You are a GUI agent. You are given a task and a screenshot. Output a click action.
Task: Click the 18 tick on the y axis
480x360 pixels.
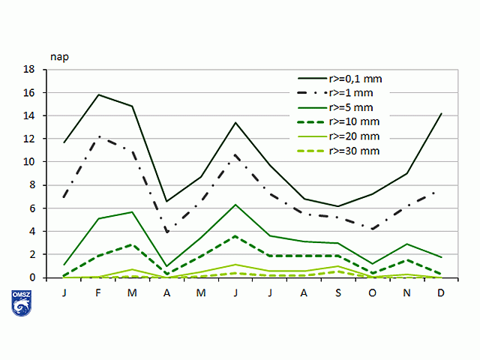[x=30, y=70]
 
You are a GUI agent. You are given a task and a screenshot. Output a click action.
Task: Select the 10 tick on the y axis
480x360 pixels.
[x=30, y=162]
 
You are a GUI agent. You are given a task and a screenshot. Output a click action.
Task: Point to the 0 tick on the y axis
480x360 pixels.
[x=33, y=278]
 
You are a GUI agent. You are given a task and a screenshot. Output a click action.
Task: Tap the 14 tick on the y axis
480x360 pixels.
[x=30, y=116]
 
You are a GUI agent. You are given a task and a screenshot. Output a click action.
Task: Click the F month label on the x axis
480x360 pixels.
[x=99, y=292]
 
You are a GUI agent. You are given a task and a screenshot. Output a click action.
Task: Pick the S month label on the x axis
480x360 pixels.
[x=338, y=292]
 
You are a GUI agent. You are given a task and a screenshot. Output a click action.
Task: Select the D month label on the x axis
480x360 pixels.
[x=441, y=292]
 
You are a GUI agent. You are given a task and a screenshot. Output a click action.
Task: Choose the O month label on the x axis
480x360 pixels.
[x=373, y=292]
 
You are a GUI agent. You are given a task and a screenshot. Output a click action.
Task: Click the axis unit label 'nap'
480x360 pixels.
[x=60, y=56]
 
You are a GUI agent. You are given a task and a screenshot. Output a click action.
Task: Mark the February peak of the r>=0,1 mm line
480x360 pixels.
[x=99, y=94]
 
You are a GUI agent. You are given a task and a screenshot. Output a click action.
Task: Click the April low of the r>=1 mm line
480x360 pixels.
[x=167, y=232]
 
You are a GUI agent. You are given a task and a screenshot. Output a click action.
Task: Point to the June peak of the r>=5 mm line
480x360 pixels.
[x=235, y=205]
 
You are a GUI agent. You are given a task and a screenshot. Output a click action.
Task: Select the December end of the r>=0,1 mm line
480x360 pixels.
[x=441, y=114]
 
